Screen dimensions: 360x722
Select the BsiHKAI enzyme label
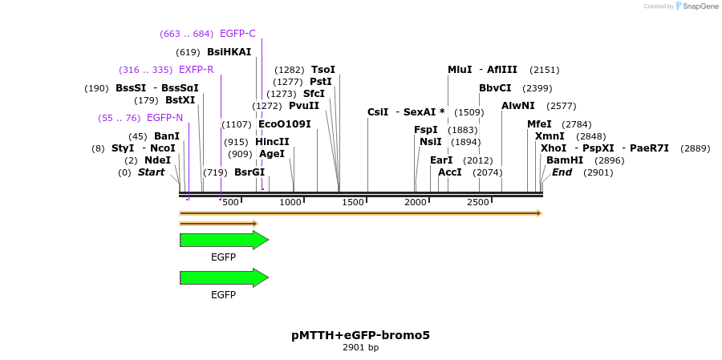pyautogui.click(x=229, y=52)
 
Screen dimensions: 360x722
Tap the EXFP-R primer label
pyautogui.click(x=196, y=70)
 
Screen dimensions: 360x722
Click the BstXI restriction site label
pyautogui.click(x=180, y=100)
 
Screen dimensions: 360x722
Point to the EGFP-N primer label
pyautogui.click(x=164, y=118)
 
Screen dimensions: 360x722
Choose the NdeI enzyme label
pyautogui.click(x=157, y=160)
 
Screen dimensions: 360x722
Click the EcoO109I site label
pyautogui.click(x=284, y=124)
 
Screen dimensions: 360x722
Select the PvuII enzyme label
pyautogui.click(x=303, y=106)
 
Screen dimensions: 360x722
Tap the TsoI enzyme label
pyautogui.click(x=323, y=70)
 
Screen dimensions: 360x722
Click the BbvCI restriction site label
pyautogui.click(x=495, y=88)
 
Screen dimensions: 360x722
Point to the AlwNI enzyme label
pyautogui.click(x=517, y=106)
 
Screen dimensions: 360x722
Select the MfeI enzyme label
pyautogui.click(x=539, y=124)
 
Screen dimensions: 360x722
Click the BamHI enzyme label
pyautogui.click(x=565, y=160)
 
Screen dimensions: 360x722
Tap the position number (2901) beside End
pyautogui.click(x=598, y=172)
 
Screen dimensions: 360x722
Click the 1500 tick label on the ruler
pyautogui.click(x=354, y=202)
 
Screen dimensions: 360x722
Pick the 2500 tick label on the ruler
pyautogui.click(x=478, y=202)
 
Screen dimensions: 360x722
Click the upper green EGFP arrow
pyautogui.click(x=224, y=240)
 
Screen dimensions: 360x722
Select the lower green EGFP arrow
pyautogui.click(x=224, y=277)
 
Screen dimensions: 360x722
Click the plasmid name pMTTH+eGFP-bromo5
pyautogui.click(x=360, y=335)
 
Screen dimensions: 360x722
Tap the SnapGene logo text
pyautogui.click(x=696, y=6)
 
